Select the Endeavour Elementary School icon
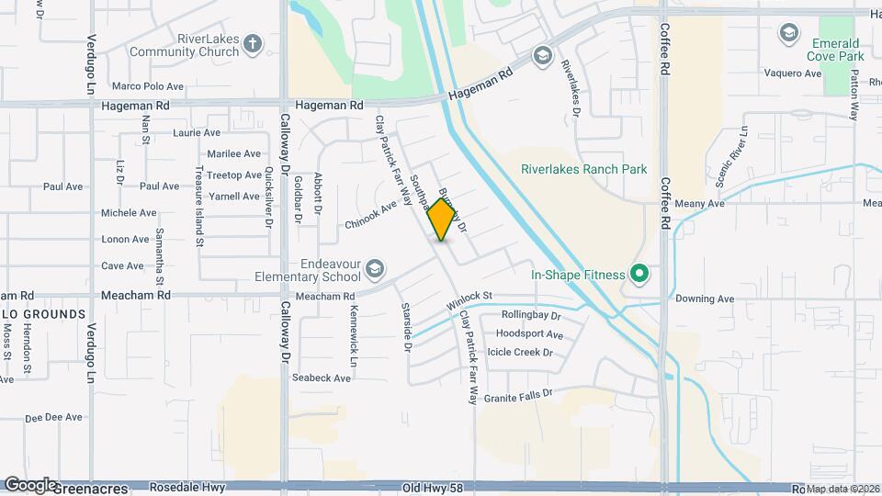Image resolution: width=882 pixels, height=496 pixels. (374, 269)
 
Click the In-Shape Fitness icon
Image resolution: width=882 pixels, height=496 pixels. (639, 274)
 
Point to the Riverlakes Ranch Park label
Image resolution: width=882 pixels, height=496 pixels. (583, 169)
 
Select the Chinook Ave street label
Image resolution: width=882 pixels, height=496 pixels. (370, 216)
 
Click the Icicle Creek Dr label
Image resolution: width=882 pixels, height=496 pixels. (521, 352)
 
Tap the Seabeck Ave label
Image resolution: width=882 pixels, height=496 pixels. (322, 378)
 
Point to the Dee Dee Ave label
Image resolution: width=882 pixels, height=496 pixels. (54, 417)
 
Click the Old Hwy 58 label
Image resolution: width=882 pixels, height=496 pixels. (432, 487)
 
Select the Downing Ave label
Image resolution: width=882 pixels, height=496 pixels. (705, 299)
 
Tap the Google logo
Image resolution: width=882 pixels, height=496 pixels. (30, 484)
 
